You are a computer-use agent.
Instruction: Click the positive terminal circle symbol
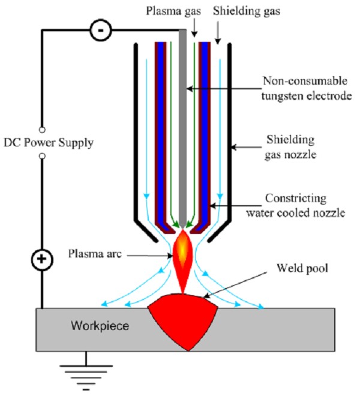41,260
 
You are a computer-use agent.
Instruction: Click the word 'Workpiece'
98,326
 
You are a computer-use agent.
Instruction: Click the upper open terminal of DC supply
41,128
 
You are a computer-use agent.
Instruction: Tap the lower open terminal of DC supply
41,156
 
